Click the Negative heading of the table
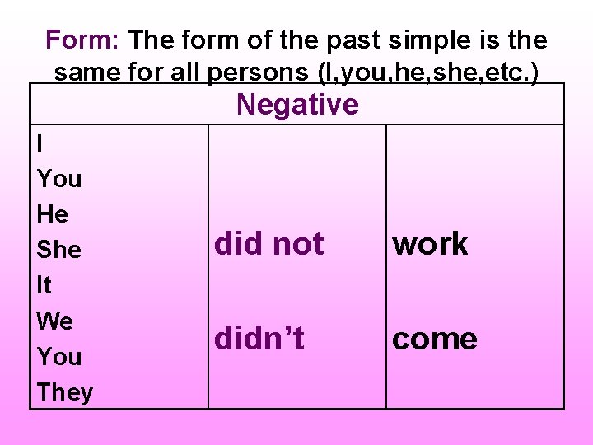[x=297, y=105]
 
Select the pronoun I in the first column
[x=41, y=143]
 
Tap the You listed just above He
[x=59, y=179]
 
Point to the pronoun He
[x=53, y=214]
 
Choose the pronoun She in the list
[x=59, y=250]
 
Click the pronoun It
[x=44, y=285]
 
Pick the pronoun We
[x=55, y=321]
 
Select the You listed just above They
[x=59, y=357]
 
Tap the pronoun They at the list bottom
[x=65, y=392]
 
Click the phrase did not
[x=269, y=244]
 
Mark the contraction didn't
[x=259, y=339]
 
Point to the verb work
[x=430, y=244]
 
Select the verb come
[x=435, y=339]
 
